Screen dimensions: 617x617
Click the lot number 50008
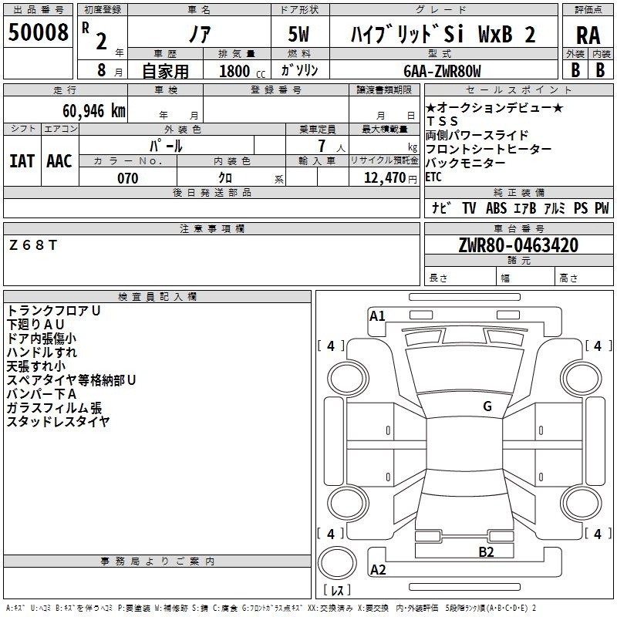tap(38, 32)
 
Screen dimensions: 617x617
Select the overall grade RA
tap(588, 35)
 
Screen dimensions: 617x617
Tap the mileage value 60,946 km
tap(94, 111)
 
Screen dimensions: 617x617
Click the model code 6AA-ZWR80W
tap(442, 71)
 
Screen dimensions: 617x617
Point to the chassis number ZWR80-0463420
tap(518, 245)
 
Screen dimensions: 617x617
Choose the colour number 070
tap(128, 178)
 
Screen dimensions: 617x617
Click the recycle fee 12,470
tap(384, 178)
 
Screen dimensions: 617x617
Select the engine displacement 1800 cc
tap(242, 71)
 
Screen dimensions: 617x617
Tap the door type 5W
tap(298, 34)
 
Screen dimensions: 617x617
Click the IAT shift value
tap(22, 161)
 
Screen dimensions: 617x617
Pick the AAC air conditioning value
tap(59, 161)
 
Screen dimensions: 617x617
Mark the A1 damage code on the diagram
tap(377, 316)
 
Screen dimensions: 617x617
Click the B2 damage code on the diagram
tap(486, 552)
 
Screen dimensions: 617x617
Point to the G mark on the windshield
tap(487, 406)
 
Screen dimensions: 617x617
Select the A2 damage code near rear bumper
tap(378, 569)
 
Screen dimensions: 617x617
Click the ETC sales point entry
tap(433, 177)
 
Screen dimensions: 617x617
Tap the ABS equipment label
tap(496, 208)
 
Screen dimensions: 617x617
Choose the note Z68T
tap(33, 245)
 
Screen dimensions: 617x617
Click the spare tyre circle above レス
tap(337, 563)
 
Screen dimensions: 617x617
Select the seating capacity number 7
tap(322, 146)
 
